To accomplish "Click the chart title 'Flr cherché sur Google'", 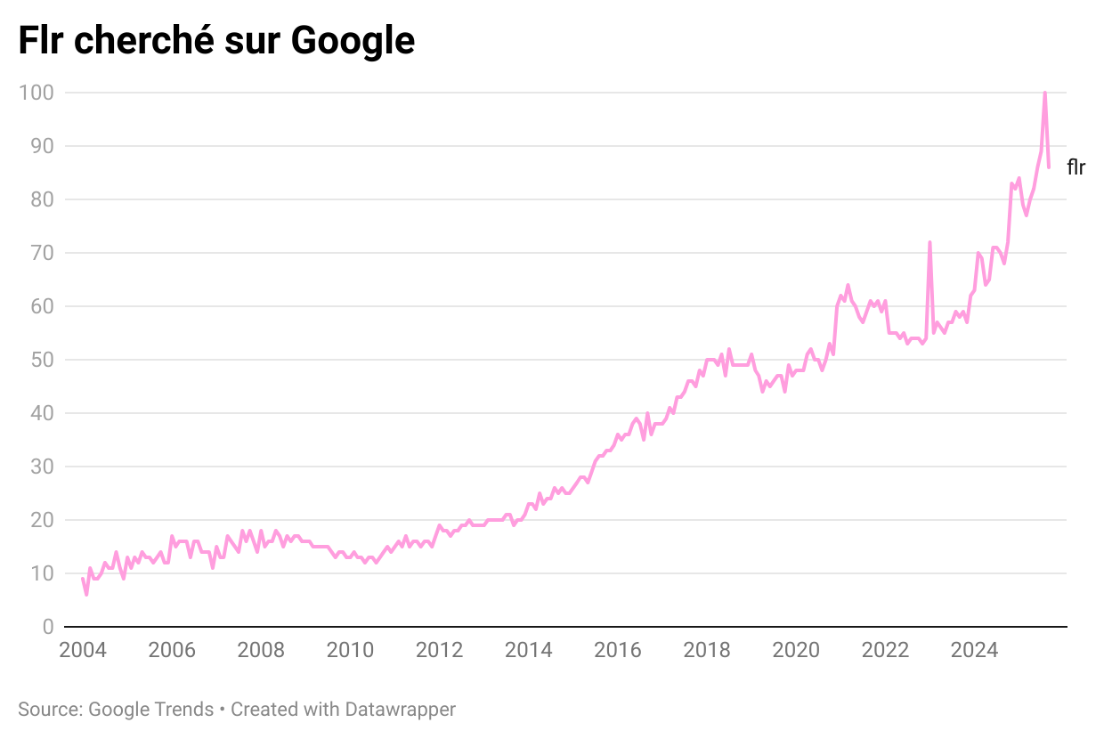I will click(216, 41).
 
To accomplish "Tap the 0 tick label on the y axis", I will click(48, 627).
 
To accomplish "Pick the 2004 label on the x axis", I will click(83, 650).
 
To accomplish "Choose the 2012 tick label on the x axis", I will click(439, 650).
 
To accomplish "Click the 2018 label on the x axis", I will click(706, 650).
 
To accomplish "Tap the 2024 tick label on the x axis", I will click(973, 650).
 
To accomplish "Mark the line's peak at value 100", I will click(1044, 93).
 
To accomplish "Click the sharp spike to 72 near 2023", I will click(929, 242).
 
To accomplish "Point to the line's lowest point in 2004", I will click(86, 594).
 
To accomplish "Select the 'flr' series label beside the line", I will click(1076, 167).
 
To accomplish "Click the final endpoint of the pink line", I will click(1049, 167).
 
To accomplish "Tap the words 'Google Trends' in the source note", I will click(150, 710).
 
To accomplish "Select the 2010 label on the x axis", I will click(350, 650).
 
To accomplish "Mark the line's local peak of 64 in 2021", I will click(848, 285).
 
